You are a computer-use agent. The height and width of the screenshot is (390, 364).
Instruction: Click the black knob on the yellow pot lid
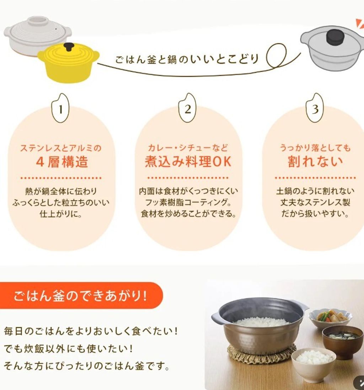pyautogui.click(x=69, y=47)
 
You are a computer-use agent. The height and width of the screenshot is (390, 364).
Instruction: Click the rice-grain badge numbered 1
pyautogui.click(x=61, y=108)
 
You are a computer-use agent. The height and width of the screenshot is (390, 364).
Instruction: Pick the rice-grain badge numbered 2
pyautogui.click(x=188, y=108)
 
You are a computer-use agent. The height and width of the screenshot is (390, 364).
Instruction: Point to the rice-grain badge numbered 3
pyautogui.click(x=315, y=108)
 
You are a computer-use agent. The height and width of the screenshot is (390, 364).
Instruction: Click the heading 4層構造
pyautogui.click(x=62, y=162)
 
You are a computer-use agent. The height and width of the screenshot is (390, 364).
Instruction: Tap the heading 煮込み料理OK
pyautogui.click(x=188, y=162)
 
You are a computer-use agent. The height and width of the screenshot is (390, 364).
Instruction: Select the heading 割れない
pyautogui.click(x=315, y=162)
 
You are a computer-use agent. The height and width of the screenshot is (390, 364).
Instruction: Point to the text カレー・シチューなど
pyautogui.click(x=188, y=148)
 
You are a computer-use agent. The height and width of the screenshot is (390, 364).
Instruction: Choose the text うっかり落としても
pyautogui.click(x=315, y=148)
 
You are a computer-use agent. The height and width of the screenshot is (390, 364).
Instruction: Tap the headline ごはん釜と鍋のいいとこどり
pyautogui.click(x=187, y=59)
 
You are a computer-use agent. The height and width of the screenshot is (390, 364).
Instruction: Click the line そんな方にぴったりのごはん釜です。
pyautogui.click(x=87, y=366)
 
